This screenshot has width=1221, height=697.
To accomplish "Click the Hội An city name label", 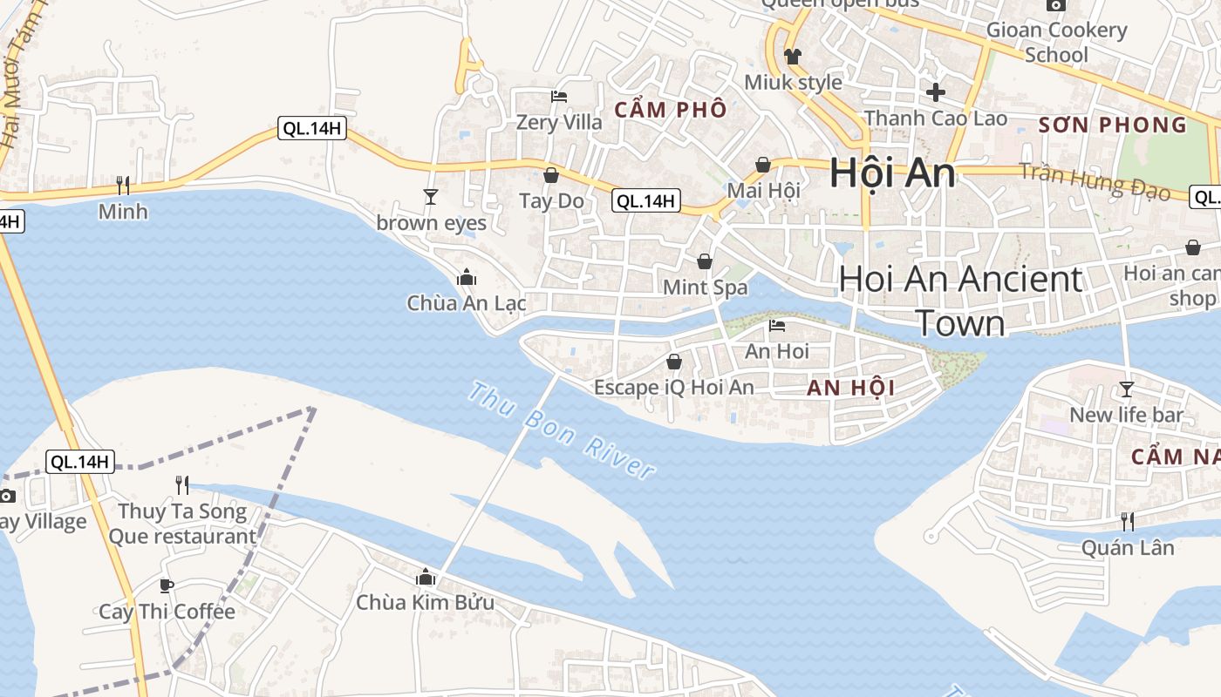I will [891, 173].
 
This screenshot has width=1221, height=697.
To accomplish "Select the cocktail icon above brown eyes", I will [430, 197].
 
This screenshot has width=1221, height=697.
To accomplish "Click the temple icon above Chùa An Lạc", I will [467, 277].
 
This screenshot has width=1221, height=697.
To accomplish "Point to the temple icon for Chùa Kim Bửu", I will [426, 577].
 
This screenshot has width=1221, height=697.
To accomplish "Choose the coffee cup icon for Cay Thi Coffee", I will [167, 585].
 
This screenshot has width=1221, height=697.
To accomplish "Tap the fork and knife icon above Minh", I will [123, 185].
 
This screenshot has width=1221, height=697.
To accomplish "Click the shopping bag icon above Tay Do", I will [551, 175].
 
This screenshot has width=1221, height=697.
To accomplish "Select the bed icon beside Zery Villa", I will [558, 96].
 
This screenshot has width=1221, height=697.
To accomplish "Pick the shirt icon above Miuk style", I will [792, 57].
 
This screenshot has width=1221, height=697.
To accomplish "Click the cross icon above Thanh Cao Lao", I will [936, 91].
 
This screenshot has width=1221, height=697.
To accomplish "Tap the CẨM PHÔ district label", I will [670, 110].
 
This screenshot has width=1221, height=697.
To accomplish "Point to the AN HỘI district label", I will [850, 389].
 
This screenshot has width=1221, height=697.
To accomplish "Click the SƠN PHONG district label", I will [1113, 125].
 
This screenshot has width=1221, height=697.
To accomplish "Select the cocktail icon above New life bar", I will [1127, 389].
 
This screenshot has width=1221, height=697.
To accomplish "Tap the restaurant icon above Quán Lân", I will [1128, 522].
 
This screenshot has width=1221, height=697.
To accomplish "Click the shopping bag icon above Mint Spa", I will [705, 261].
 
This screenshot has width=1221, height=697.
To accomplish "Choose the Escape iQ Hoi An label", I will [673, 387].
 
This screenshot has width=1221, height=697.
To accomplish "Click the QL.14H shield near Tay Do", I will [645, 201].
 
